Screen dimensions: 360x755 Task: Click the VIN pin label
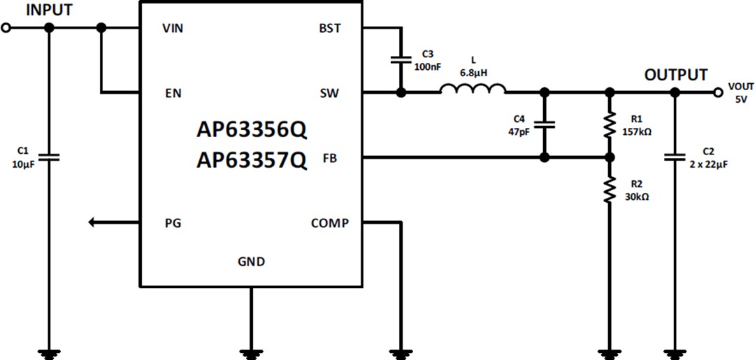click(173, 28)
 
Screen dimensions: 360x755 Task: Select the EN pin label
click(172, 92)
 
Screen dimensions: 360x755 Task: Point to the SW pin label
click(329, 92)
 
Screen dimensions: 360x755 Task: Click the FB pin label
click(329, 159)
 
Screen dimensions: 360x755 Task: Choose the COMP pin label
click(329, 224)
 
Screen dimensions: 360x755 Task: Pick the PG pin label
click(172, 224)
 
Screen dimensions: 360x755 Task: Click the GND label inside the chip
click(251, 261)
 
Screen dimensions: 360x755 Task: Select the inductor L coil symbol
click(473, 89)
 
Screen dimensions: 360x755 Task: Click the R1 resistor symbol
click(610, 125)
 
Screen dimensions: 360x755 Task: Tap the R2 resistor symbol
click(610, 189)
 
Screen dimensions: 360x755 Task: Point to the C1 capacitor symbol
click(48, 157)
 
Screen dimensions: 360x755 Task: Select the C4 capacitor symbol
click(545, 124)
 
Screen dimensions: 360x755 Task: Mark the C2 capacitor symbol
click(675, 157)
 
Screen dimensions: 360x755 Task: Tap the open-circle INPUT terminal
click(6, 28)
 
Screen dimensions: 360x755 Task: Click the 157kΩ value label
click(636, 131)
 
